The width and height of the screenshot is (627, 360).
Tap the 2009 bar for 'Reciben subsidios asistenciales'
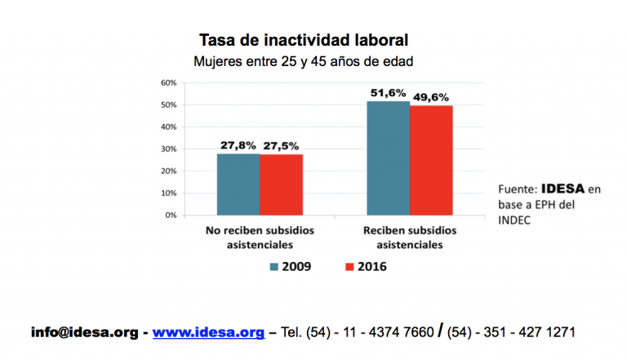click(x=389, y=158)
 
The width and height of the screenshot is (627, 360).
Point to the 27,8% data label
click(x=238, y=145)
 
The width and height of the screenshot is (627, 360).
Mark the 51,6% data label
click(x=389, y=93)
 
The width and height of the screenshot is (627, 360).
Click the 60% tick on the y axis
click(x=169, y=83)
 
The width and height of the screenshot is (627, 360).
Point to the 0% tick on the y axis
click(x=171, y=216)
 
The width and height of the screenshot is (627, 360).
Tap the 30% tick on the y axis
click(x=169, y=149)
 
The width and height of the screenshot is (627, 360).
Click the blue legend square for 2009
click(x=275, y=266)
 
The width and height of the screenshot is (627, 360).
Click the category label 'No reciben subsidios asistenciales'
click(x=260, y=237)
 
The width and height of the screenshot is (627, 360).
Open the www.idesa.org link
click(x=208, y=332)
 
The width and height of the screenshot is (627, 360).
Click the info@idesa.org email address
click(x=84, y=332)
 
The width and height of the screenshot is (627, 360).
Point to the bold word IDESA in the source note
click(x=562, y=189)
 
